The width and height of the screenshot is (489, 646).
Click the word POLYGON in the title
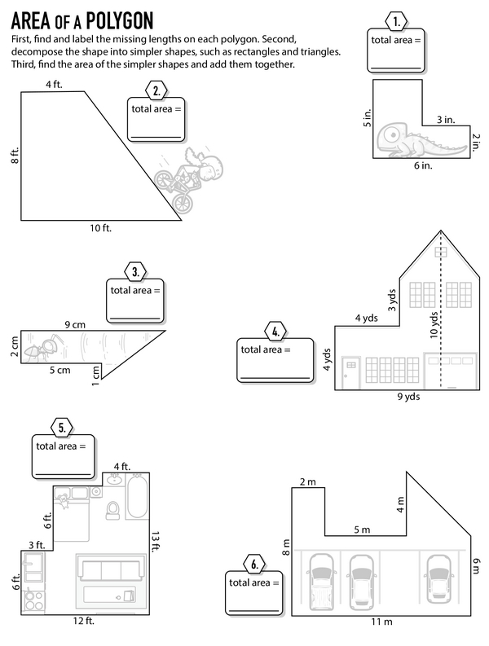(120, 21)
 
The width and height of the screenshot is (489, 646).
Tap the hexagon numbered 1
(396, 21)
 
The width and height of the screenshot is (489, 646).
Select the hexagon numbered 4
(275, 332)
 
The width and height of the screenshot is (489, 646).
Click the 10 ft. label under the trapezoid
(100, 228)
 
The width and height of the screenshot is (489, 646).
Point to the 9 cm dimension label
(75, 325)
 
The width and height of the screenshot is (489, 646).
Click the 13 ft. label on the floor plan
(155, 542)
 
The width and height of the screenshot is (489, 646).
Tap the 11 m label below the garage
(381, 622)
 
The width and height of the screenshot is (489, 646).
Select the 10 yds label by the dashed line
(434, 325)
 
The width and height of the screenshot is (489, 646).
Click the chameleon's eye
(393, 134)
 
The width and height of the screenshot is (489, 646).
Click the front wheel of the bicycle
(183, 203)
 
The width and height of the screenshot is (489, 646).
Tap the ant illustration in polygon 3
(43, 349)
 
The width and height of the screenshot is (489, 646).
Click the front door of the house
(351, 372)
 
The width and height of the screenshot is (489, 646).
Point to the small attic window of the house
(440, 252)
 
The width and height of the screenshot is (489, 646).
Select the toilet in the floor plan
(112, 510)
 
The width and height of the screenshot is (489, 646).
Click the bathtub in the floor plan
(137, 496)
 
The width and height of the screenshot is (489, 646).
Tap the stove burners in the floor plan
(34, 600)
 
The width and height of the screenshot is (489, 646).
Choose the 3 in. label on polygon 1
(446, 120)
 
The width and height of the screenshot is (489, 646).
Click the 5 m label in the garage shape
(362, 530)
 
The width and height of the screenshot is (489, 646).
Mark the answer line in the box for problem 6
(254, 610)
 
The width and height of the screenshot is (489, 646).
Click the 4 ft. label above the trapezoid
(54, 85)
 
